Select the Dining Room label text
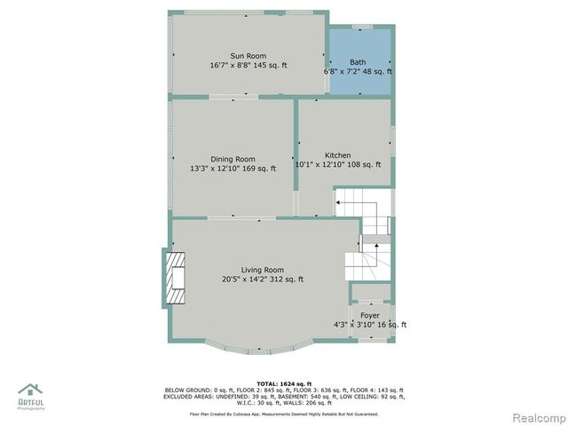(x=233, y=159)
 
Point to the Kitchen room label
(x=337, y=154)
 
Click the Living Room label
(x=262, y=270)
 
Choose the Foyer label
(x=370, y=315)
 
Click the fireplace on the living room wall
(x=175, y=278)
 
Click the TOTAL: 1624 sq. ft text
(x=284, y=382)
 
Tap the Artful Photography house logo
(x=30, y=391)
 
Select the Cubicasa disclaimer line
(x=284, y=414)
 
